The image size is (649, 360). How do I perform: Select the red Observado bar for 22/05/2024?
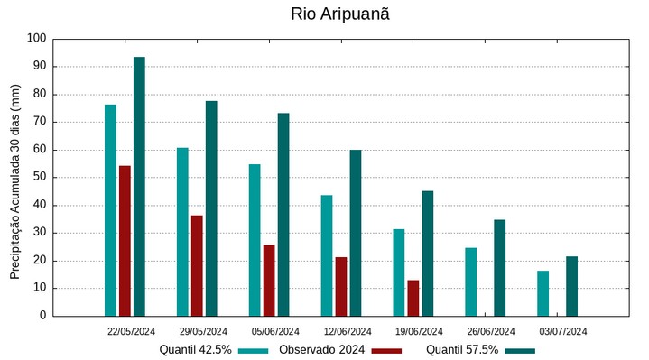tap(125, 241)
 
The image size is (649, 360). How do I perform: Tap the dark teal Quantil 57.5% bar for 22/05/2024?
tap(139, 187)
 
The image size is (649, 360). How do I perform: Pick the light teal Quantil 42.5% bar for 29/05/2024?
tap(182, 232)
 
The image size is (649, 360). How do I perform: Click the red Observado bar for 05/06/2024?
tap(269, 281)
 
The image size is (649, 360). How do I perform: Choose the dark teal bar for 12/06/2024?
tap(356, 233)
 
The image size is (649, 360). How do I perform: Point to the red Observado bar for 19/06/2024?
tap(413, 298)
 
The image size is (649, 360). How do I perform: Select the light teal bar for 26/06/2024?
tap(471, 282)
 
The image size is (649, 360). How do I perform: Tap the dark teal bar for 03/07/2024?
tap(572, 286)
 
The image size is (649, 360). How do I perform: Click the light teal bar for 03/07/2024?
tap(543, 293)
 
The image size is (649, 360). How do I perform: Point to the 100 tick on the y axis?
tap(36, 39)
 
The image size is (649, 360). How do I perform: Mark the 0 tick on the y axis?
tap(42, 316)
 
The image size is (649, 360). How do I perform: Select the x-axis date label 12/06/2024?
tap(348, 331)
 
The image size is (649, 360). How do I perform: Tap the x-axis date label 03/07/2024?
tap(563, 331)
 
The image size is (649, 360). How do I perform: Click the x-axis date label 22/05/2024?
tap(132, 331)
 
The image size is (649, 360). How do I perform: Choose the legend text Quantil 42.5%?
tap(196, 349)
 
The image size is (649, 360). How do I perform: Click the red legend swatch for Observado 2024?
tap(386, 350)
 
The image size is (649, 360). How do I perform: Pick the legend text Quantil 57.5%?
tap(462, 349)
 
